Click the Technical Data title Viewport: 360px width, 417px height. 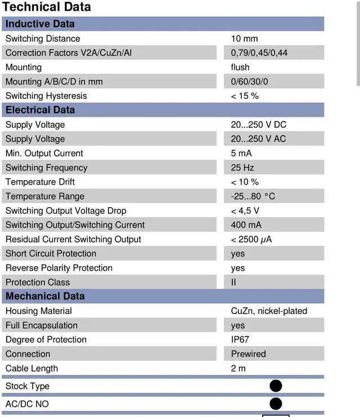click(x=47, y=7)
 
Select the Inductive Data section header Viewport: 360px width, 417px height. click(x=40, y=24)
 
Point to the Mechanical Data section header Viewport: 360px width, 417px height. click(x=45, y=296)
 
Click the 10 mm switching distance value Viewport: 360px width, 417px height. click(x=244, y=39)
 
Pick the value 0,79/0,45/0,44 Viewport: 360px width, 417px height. click(x=259, y=53)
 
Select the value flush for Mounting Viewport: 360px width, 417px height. click(x=240, y=68)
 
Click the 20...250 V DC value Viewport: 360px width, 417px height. click(x=259, y=125)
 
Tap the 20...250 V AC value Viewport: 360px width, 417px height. click(x=259, y=139)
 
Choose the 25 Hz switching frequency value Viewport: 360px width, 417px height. click(x=242, y=168)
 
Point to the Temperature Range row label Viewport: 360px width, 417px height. click(x=45, y=196)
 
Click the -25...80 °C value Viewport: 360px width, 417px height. click(x=253, y=196)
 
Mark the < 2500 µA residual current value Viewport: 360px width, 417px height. click(x=252, y=240)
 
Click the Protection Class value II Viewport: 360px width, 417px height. click(x=233, y=283)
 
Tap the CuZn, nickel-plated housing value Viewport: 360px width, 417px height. click(x=269, y=311)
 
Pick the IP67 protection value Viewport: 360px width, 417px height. click(x=240, y=340)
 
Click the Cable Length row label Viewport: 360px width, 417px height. click(x=31, y=369)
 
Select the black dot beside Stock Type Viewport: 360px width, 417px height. click(x=276, y=386)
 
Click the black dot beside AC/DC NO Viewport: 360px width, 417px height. click(x=276, y=403)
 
